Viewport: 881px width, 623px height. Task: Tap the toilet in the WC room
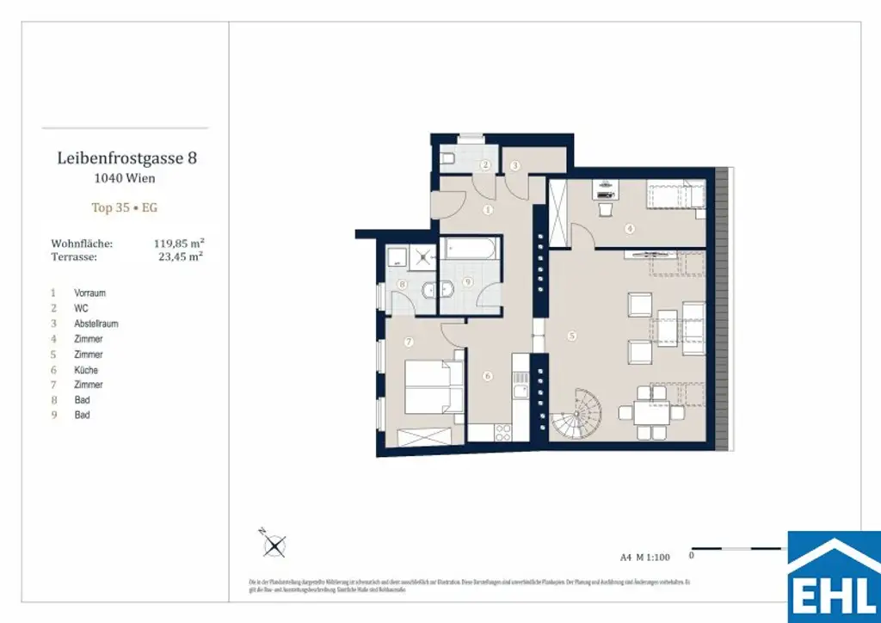(447, 158)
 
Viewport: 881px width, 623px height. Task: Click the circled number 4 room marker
(630, 229)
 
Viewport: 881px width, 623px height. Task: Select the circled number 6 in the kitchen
(487, 376)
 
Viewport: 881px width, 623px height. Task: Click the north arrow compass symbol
(274, 544)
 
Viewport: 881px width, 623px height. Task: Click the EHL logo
(834, 576)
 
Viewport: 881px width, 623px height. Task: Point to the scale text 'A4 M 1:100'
(644, 557)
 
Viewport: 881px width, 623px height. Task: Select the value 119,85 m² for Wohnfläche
(178, 244)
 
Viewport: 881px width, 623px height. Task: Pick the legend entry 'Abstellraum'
(95, 324)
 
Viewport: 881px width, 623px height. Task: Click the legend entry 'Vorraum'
(89, 293)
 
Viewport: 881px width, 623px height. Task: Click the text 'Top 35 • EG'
(125, 207)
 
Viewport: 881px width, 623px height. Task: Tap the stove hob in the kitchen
(520, 392)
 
